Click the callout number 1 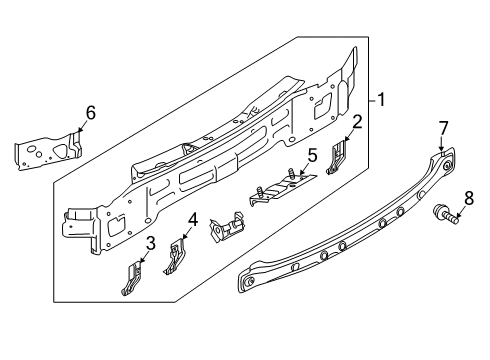click(381, 100)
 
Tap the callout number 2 click(357, 122)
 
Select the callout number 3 click(151, 243)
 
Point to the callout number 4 click(193, 220)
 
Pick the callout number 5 click(312, 156)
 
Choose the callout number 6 click(90, 113)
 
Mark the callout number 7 click(443, 128)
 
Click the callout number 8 click(469, 199)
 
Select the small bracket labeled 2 click(337, 157)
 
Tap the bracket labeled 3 click(131, 279)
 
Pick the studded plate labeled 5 click(282, 188)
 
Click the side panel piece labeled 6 click(48, 151)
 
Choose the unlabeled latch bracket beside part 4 click(226, 227)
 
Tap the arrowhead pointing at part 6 click(79, 129)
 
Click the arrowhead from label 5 click(301, 173)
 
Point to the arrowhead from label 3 click(141, 262)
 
